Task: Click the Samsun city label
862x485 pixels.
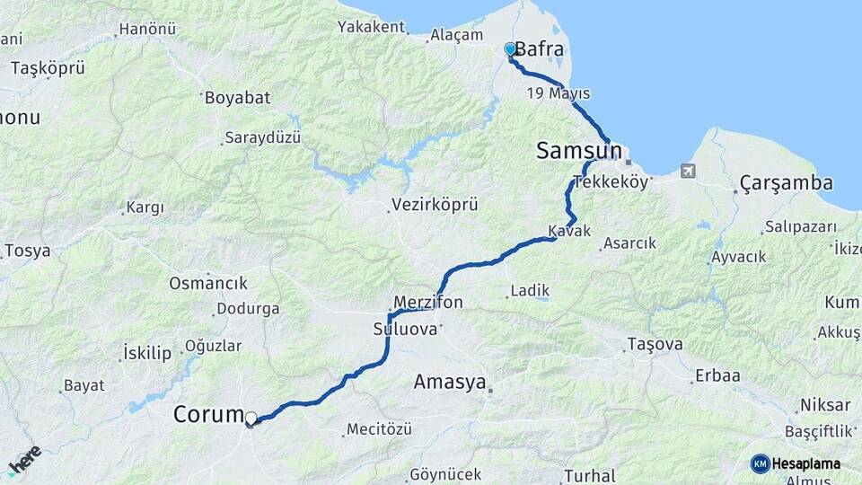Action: pyautogui.click(x=579, y=151)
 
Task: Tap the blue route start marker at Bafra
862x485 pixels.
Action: pyautogui.click(x=510, y=49)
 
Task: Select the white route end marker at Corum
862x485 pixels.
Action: pyautogui.click(x=251, y=419)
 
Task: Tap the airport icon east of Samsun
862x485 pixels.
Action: pyautogui.click(x=688, y=171)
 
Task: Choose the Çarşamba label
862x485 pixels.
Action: pyautogui.click(x=787, y=183)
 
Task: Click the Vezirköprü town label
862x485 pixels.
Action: pyautogui.click(x=435, y=206)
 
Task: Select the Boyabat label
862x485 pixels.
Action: pyautogui.click(x=237, y=98)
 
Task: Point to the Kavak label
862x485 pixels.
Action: pyautogui.click(x=569, y=231)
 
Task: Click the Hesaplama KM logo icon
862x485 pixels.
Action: pyautogui.click(x=761, y=463)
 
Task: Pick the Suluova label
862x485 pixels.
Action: pyautogui.click(x=405, y=330)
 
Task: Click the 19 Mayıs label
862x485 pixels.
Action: pyautogui.click(x=559, y=94)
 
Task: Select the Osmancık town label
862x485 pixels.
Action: pyautogui.click(x=208, y=284)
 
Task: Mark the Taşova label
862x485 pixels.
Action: pyautogui.click(x=655, y=344)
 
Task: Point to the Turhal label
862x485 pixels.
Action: pyautogui.click(x=590, y=475)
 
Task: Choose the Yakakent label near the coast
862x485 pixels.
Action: pyautogui.click(x=372, y=27)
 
